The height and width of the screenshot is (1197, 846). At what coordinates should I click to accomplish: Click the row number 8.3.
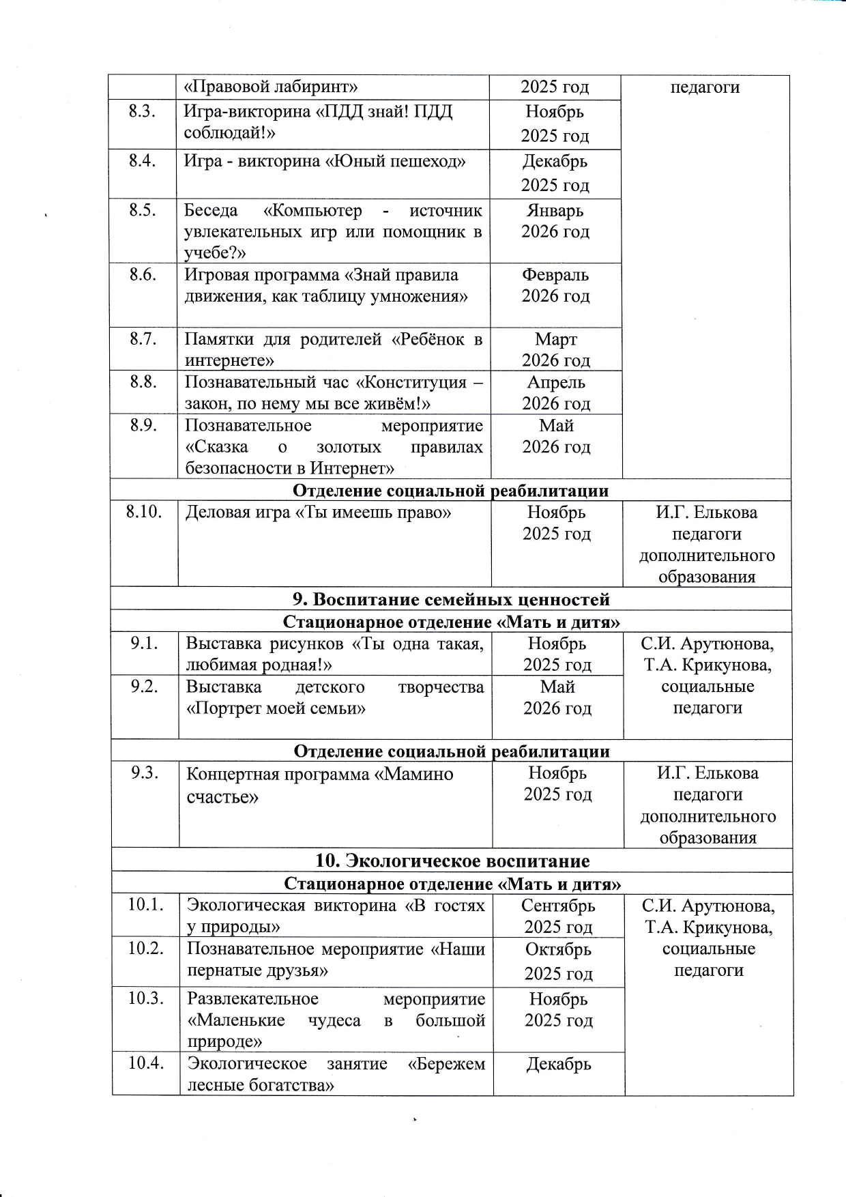point(142,112)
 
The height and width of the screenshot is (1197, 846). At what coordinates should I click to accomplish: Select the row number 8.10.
point(143,513)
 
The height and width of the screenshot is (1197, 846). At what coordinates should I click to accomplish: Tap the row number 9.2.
point(145,687)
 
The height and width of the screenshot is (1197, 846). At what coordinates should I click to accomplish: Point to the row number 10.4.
point(146,1063)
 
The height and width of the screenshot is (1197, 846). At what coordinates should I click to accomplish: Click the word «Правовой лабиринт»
point(272,87)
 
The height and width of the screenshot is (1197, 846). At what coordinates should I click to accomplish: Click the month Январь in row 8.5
point(555,211)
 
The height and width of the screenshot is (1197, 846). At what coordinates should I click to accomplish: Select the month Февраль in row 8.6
point(555,275)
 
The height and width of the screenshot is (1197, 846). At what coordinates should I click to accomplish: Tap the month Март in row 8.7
point(556,339)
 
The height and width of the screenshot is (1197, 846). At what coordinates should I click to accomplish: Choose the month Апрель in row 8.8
point(556,382)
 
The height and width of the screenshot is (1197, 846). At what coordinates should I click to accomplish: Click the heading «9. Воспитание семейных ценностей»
point(451,599)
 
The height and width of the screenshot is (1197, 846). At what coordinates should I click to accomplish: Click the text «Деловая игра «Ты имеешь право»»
point(318,513)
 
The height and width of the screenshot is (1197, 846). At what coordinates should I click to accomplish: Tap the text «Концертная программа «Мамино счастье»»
point(319,785)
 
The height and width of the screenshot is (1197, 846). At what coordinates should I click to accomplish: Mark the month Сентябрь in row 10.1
point(558,906)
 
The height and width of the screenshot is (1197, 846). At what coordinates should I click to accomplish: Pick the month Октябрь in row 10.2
point(558,949)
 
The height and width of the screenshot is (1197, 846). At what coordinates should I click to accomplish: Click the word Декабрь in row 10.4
point(558,1064)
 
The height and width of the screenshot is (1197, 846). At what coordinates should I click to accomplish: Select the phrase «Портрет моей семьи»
point(276,708)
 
